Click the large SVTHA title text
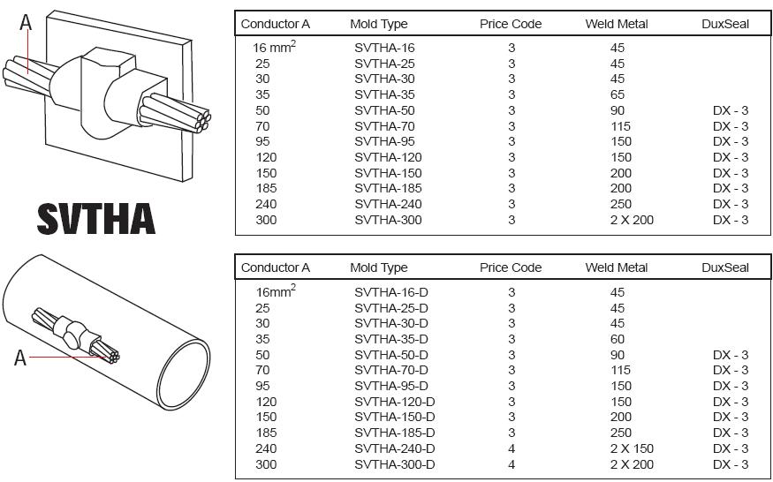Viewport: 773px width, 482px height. (95, 219)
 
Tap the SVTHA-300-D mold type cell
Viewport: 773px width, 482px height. (395, 464)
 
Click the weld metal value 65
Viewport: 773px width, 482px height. (617, 94)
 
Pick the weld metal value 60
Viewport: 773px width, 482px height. (617, 339)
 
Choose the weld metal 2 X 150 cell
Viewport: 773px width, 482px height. (632, 448)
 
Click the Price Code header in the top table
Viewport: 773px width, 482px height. (511, 24)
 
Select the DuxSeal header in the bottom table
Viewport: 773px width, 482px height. (725, 267)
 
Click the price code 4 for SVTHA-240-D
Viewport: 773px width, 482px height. (512, 448)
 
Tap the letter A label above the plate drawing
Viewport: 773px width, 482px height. (26, 23)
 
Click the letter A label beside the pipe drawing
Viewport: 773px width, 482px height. (19, 358)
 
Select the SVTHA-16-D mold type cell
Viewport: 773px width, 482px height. (391, 292)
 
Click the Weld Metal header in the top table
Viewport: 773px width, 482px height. (617, 24)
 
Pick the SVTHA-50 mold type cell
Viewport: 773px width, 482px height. (384, 110)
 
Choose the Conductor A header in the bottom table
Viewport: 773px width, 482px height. (276, 267)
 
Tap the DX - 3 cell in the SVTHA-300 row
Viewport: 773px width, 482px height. (731, 220)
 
